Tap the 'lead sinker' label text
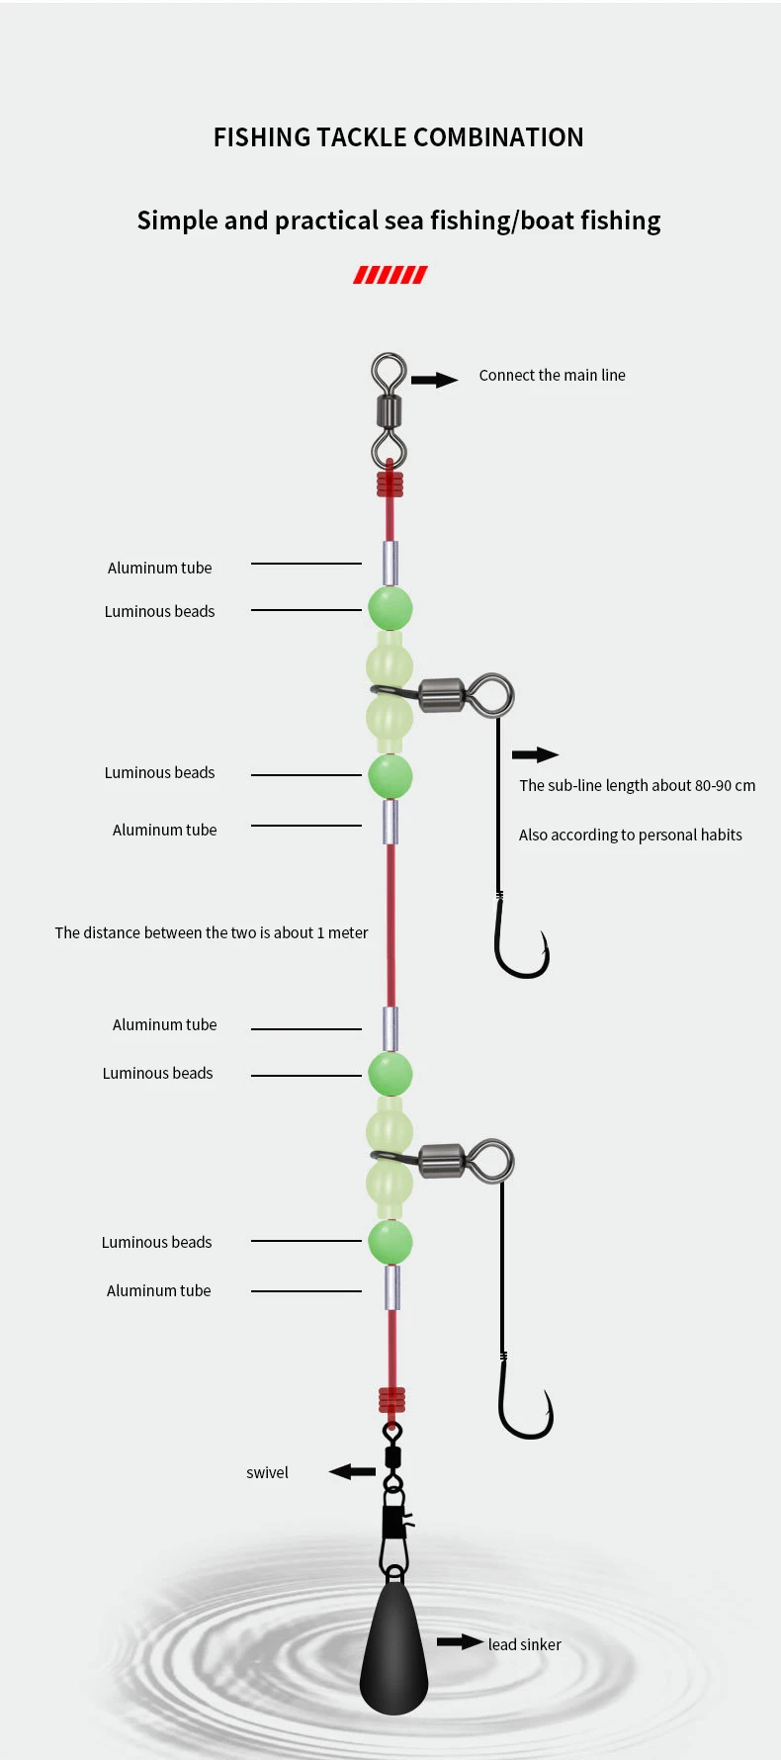pos(524,1644)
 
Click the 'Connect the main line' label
pos(552,375)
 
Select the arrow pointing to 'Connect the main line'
pos(434,380)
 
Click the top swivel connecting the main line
pos(389,409)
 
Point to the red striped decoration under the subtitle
pos(390,275)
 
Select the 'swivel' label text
pos(267,1472)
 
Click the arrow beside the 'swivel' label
pos(352,1472)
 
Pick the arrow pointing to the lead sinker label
pos(460,1642)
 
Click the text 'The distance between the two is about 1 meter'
pos(211,932)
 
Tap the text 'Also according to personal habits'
pos(630,835)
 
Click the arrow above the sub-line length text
pos(535,754)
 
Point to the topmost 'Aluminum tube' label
pos(159,568)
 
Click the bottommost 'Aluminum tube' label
pos(158,1290)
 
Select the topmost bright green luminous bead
pos(390,608)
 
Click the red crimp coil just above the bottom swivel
pos(391,1399)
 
